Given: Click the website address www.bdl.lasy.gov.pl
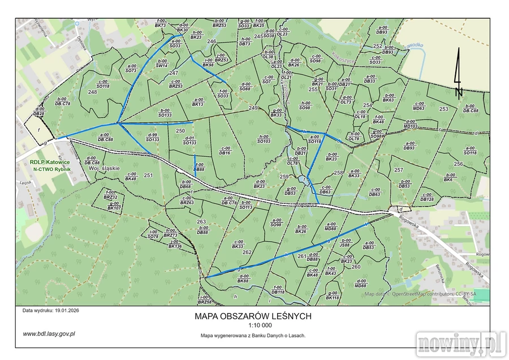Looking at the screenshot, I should click(x=49, y=333).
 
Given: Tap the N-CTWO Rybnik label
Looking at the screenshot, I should click(x=51, y=169).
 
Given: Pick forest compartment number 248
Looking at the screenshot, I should click(x=93, y=92).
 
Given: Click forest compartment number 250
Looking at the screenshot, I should click(x=180, y=131).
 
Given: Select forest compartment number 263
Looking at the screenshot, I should click(x=201, y=221).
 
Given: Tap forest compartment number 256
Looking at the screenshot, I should click(x=458, y=164).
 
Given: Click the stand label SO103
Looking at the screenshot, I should click(x=264, y=141).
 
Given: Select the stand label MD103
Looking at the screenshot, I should click(x=411, y=126).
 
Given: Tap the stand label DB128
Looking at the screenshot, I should click(x=427, y=199).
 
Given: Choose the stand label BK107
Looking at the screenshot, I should click(x=114, y=208).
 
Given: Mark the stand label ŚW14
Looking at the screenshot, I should click(x=162, y=66).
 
